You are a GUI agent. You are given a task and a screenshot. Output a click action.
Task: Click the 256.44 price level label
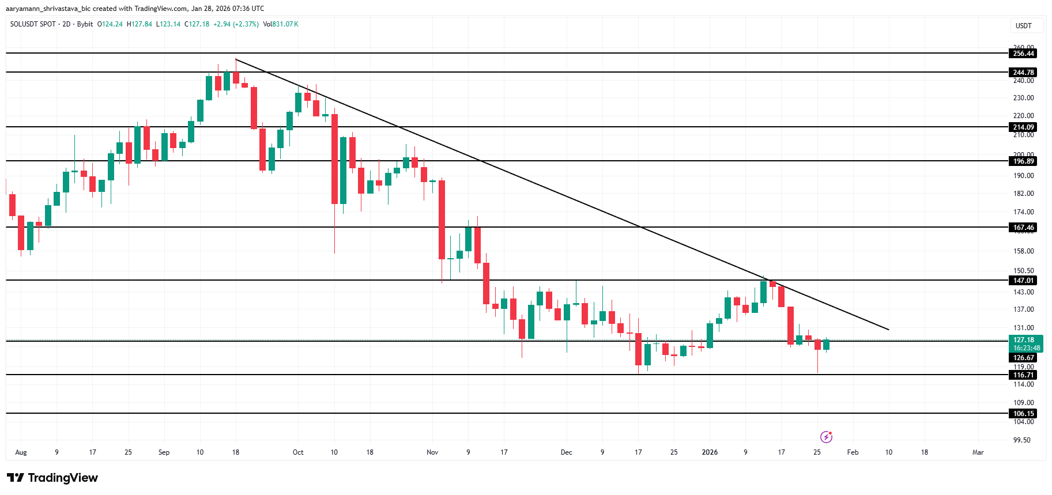point(1023,54)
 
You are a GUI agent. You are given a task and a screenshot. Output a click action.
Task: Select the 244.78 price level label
point(1023,73)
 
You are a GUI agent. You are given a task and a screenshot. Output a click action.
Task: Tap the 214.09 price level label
point(1023,127)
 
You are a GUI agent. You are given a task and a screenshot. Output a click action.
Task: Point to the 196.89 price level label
point(1023,161)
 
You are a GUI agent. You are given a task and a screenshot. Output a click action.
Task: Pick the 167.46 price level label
point(1023,228)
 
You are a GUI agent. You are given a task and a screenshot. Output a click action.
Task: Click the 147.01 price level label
point(1023,281)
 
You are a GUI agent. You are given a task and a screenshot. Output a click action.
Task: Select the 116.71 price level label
point(1023,375)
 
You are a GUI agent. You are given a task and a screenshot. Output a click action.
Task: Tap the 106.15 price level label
point(1023,414)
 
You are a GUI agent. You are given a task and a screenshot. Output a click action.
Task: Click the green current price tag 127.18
point(1026,343)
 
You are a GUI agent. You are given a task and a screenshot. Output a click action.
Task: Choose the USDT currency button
point(1023,26)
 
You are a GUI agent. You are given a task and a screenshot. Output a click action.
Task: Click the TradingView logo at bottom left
point(52,478)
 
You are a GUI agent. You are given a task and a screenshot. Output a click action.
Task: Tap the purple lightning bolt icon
point(826,437)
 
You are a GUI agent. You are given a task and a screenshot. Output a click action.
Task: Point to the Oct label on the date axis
point(298,452)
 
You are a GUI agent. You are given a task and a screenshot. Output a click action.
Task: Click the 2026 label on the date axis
point(710,452)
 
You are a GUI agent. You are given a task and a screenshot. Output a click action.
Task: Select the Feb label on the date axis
point(853,452)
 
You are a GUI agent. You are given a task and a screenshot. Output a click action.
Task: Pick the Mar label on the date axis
point(978,452)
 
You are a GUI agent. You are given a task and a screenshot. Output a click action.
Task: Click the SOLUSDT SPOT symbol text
point(33,24)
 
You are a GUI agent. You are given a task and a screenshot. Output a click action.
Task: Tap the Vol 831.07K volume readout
point(281,24)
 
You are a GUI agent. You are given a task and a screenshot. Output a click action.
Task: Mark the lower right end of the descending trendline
point(889,330)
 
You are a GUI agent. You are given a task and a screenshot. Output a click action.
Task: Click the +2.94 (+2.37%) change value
point(236,24)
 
